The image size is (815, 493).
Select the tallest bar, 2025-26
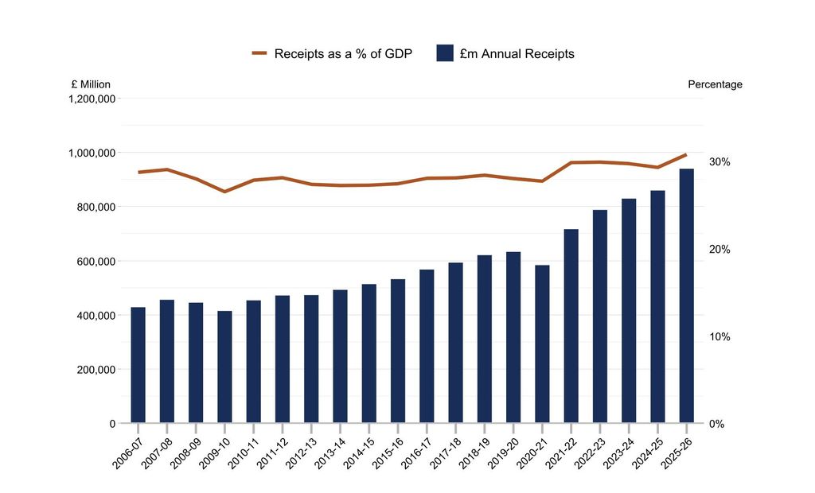click(687, 296)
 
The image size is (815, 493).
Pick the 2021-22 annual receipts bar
click(571, 326)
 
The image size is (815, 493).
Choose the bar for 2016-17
click(427, 346)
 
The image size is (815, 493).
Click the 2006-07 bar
click(138, 365)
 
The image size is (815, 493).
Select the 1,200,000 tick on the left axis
click(92, 98)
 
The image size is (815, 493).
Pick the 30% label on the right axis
click(719, 162)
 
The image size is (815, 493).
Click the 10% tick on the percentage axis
click(719, 336)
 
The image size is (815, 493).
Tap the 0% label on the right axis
click(717, 424)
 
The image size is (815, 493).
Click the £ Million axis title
click(91, 84)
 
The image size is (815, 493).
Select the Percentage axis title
click(716, 84)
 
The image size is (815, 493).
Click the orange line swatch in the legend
click(259, 53)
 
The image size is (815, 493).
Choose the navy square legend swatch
click(445, 53)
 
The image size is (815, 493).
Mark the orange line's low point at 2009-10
click(224, 192)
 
